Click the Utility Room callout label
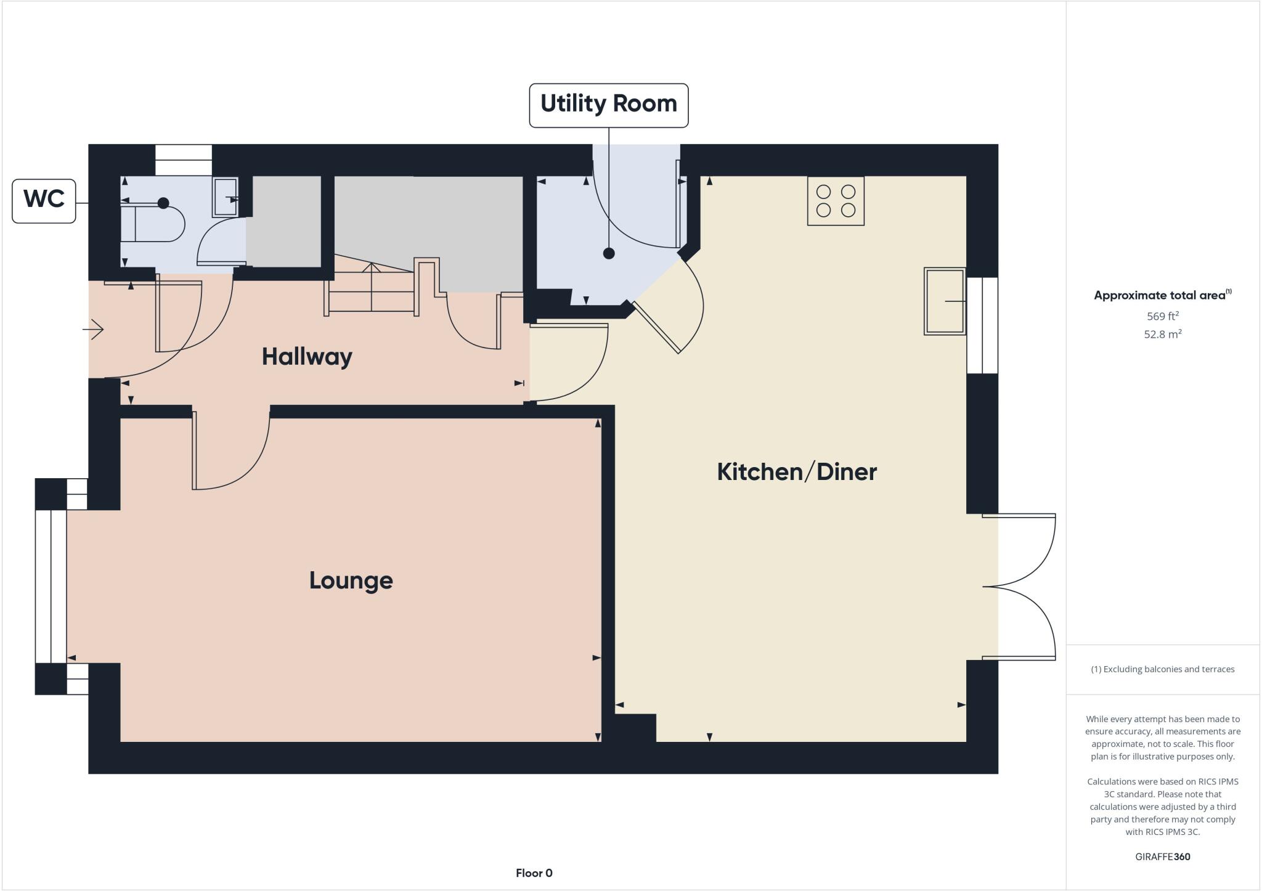point(608,105)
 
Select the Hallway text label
point(306,357)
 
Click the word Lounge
point(351,580)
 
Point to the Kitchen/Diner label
point(796,472)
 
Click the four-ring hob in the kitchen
point(835,201)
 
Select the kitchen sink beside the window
point(944,301)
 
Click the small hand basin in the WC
point(225,197)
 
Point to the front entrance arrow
point(94,329)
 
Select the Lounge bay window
point(51,586)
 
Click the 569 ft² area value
point(1162,316)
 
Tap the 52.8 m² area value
point(1162,335)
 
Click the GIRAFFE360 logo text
point(1162,856)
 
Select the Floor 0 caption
point(534,873)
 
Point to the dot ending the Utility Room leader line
point(609,253)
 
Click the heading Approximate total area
point(1161,295)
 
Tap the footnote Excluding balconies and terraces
point(1162,669)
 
